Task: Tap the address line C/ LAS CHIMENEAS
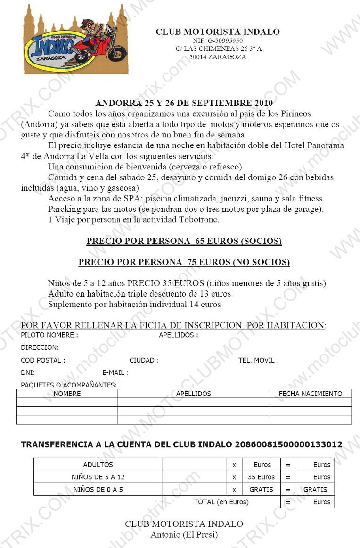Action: tap(218, 49)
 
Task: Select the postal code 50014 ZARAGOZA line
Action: tap(218, 57)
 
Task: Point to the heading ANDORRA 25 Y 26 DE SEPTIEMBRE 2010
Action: tap(184, 103)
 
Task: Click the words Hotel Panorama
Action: tap(314, 145)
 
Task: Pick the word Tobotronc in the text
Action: tap(199, 219)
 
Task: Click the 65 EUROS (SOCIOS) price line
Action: tap(184, 242)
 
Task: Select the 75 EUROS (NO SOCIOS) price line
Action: tap(184, 262)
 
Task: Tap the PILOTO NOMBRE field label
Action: tap(49, 335)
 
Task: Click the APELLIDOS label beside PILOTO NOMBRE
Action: tap(178, 335)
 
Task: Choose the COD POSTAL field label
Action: tap(43, 360)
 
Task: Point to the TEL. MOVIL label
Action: tap(258, 360)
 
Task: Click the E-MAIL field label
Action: tap(115, 372)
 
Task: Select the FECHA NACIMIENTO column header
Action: tap(311, 394)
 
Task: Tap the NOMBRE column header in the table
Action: tap(67, 394)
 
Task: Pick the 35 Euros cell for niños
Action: tap(261, 477)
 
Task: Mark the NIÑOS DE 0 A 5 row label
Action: tap(98, 489)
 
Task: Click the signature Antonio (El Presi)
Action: tap(184, 534)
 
